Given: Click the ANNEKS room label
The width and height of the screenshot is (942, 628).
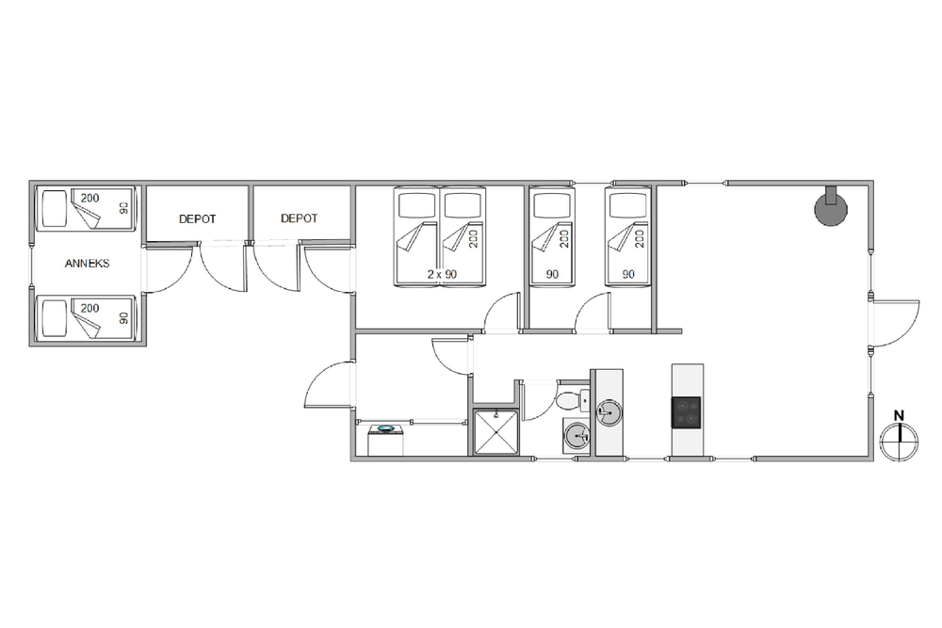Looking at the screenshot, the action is (x=87, y=263).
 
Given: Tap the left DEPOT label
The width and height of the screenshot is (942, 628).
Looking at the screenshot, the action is (x=197, y=219).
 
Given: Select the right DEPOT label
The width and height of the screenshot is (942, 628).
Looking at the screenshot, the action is (x=300, y=218).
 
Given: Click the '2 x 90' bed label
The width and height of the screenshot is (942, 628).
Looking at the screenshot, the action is (x=442, y=274).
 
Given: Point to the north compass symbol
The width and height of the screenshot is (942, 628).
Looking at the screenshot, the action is (x=900, y=442).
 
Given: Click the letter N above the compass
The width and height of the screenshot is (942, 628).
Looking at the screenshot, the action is (x=900, y=415).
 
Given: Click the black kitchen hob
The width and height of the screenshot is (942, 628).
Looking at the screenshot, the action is (x=686, y=412).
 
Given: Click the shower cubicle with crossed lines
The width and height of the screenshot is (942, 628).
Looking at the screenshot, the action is (x=495, y=431).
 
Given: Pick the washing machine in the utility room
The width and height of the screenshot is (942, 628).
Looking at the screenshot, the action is (x=385, y=440).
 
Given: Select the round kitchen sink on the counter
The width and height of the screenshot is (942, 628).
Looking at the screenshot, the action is (x=608, y=413).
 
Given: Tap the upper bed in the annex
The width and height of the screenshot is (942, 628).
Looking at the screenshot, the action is (x=87, y=208).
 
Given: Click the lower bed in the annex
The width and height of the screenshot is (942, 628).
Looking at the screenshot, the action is (x=87, y=318).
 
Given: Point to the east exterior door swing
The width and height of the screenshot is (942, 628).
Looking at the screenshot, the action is (x=895, y=323).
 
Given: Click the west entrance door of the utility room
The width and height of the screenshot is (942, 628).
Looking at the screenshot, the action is (x=329, y=384).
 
